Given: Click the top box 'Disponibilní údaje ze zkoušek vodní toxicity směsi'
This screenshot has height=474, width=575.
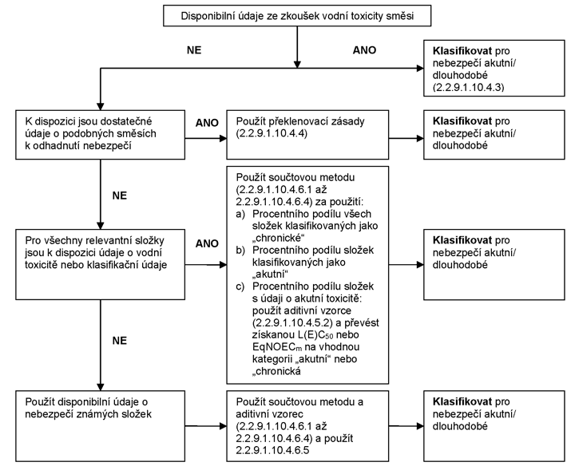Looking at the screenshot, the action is pos(297,16).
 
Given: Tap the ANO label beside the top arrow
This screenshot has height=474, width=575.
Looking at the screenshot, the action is pos(364,50).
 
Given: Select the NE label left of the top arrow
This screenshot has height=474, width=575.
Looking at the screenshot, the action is pos(194,50).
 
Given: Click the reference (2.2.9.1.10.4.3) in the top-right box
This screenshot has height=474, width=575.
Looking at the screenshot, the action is pos(468,87).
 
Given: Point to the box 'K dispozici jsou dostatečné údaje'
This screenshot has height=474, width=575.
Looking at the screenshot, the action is pos(100,135).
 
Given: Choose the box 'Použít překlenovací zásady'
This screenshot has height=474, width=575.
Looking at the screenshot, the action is pos(307,135).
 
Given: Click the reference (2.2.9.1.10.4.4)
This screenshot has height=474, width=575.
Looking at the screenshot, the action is pos(272,133).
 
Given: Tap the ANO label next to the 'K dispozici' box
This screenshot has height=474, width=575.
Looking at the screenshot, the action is pos(207,123).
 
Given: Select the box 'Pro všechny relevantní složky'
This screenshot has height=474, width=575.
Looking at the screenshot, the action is pos(100,264).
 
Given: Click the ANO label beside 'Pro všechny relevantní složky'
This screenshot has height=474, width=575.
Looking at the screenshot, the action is pos(207,243).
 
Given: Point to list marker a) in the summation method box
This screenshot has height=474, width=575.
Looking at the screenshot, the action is pos(240,214).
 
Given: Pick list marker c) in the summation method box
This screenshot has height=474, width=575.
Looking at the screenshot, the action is pos(240,286).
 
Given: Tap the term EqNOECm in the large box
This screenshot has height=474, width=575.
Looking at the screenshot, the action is pos(277,347).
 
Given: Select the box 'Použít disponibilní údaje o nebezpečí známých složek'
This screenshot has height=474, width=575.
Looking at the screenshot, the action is pos(100,426).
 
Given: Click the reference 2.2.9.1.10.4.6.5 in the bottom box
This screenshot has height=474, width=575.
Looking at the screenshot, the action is pos(272,450).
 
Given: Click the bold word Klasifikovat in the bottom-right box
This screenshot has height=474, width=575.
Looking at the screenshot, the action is pos(462,402).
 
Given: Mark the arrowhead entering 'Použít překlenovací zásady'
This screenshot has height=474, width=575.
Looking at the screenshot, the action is pos(223,139).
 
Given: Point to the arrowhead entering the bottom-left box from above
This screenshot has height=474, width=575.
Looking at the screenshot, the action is pos(100,387).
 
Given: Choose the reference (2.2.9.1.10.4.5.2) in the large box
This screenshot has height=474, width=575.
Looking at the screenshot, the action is pos(292,322).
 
